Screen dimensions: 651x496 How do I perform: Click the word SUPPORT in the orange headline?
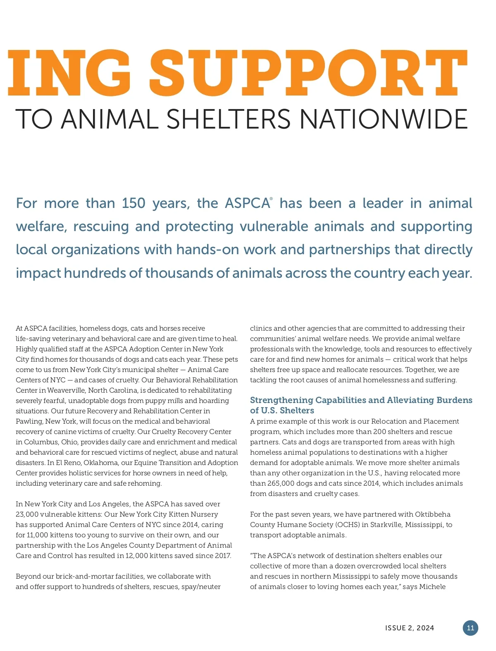point(308,73)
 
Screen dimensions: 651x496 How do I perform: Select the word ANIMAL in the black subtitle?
point(110,119)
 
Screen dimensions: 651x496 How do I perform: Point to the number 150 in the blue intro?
point(134,203)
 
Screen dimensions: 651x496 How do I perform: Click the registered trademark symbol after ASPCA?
point(271,199)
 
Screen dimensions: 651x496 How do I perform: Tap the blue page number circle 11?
point(470,628)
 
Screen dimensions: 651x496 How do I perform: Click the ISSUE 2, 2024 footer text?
point(409,628)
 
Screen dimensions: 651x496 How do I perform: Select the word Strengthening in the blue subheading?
point(281,400)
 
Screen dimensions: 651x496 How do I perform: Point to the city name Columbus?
point(41,442)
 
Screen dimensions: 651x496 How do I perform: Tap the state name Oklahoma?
point(102,463)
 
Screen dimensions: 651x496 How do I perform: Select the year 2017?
point(222,556)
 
